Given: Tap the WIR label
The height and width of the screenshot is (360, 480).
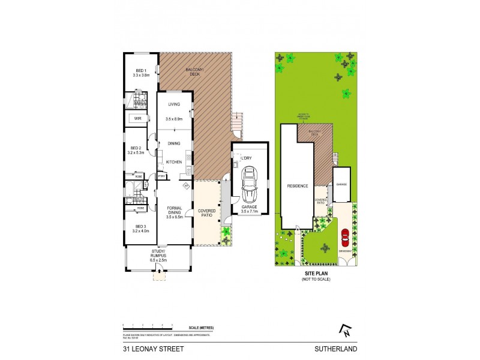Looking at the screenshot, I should (137, 119).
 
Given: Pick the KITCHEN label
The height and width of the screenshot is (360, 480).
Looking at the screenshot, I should (174, 163).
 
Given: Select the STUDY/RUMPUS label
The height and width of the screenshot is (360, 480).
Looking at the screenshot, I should (159, 255).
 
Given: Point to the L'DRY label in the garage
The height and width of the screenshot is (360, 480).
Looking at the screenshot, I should (246, 158).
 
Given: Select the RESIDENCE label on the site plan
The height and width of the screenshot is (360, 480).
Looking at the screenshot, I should (297, 186).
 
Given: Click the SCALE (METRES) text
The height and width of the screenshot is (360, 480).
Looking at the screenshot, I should (200, 326).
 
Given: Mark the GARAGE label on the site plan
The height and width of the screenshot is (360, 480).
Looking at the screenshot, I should (342, 185).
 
